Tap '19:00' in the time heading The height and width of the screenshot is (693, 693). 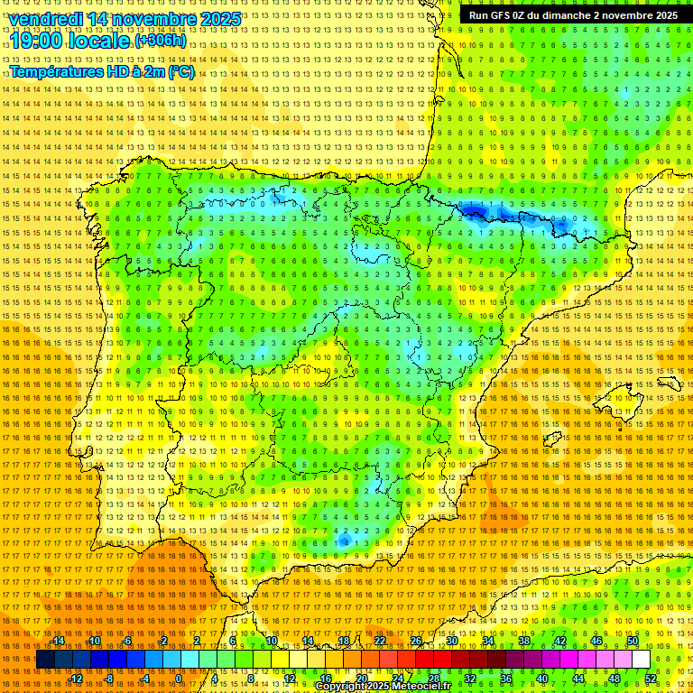point(36,41)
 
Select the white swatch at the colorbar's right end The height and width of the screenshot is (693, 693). point(641,660)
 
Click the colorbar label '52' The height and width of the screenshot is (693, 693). point(651,679)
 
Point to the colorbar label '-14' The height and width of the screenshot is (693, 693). point(58,641)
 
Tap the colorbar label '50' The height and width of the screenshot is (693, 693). point(633,641)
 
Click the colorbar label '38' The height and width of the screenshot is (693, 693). point(524,641)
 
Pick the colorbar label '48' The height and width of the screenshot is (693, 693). point(614,679)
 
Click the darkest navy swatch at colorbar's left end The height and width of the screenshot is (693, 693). point(45,660)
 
